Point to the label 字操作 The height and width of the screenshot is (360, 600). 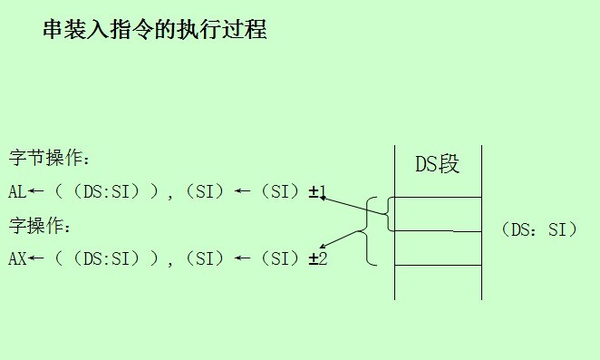(x=39, y=225)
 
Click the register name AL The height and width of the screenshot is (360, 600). (x=17, y=191)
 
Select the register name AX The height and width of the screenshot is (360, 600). (x=17, y=258)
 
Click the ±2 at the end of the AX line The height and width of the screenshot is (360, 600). (x=317, y=258)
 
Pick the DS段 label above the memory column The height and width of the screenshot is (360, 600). (x=437, y=164)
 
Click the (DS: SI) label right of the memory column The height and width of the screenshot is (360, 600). (x=538, y=229)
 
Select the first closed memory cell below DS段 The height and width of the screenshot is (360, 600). (x=438, y=214)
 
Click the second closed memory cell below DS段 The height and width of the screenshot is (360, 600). (x=438, y=248)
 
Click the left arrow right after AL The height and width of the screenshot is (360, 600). (x=36, y=191)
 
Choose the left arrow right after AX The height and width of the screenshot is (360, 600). (x=36, y=258)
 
